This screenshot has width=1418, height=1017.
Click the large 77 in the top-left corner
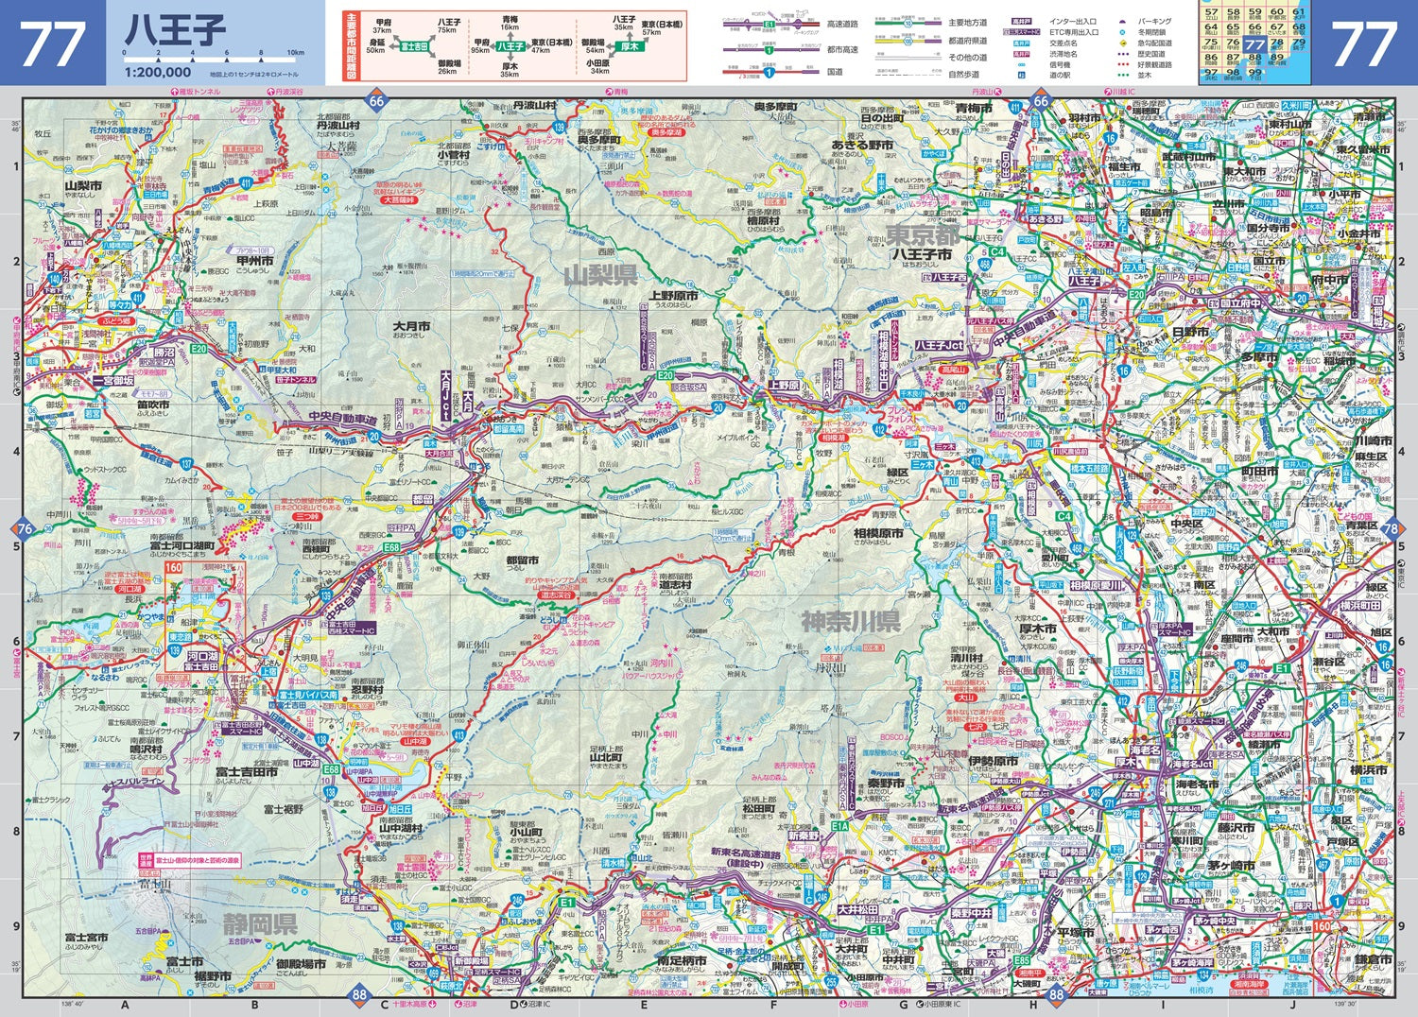click(52, 43)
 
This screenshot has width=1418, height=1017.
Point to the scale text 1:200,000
click(157, 72)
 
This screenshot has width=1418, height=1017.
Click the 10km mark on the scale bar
click(296, 53)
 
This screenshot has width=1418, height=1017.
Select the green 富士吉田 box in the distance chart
click(414, 45)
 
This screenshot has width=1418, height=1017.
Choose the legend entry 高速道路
click(842, 25)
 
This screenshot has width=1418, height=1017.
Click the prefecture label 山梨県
click(600, 275)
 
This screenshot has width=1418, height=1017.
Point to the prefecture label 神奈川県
click(851, 621)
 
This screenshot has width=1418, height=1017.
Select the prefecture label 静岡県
click(260, 923)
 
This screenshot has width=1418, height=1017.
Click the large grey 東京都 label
click(922, 233)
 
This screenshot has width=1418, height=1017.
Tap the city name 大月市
click(411, 326)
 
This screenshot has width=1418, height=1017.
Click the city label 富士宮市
click(86, 938)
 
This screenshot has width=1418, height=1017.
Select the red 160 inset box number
click(174, 567)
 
